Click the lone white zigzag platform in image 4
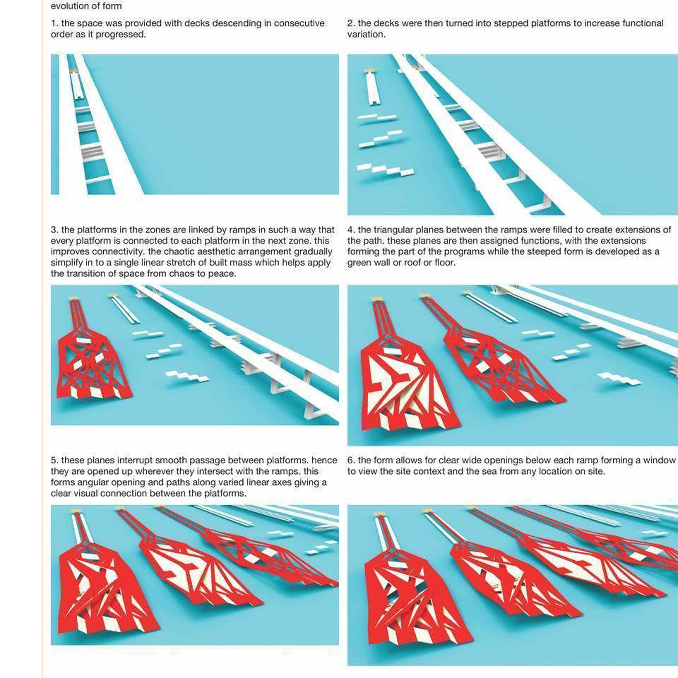point(619,379)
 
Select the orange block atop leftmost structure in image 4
point(377,299)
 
